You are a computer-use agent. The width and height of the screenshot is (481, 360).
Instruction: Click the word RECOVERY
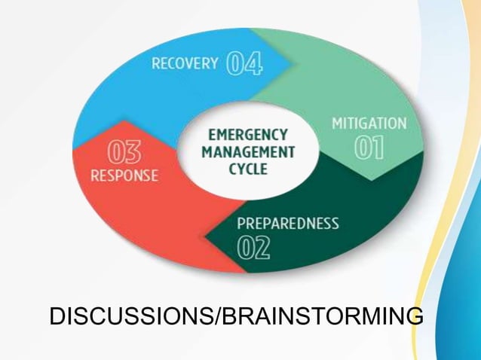pyautogui.click(x=185, y=63)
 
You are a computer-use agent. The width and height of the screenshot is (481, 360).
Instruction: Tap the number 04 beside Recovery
pyautogui.click(x=244, y=64)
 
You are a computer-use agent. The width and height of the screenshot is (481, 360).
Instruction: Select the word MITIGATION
pyautogui.click(x=369, y=124)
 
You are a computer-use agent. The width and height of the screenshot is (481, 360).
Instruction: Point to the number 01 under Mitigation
pyautogui.click(x=369, y=148)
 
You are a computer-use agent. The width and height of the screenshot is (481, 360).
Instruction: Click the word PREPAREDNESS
pyautogui.click(x=287, y=224)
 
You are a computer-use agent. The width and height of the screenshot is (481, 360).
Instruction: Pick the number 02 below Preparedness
pyautogui.click(x=253, y=248)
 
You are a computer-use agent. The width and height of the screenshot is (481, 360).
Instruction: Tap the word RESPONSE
pyautogui.click(x=124, y=176)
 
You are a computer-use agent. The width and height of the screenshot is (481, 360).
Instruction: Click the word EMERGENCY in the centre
pyautogui.click(x=247, y=136)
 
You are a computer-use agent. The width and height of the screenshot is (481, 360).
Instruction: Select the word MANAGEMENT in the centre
pyautogui.click(x=248, y=152)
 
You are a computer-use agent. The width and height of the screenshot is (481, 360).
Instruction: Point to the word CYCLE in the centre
pyautogui.click(x=248, y=169)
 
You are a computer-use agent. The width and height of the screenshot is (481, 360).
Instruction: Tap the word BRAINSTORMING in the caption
pyautogui.click(x=321, y=316)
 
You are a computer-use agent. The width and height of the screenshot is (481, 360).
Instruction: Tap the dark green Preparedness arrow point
pyautogui.click(x=208, y=239)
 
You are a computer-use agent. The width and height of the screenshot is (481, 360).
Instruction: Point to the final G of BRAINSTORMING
pyautogui.click(x=412, y=316)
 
